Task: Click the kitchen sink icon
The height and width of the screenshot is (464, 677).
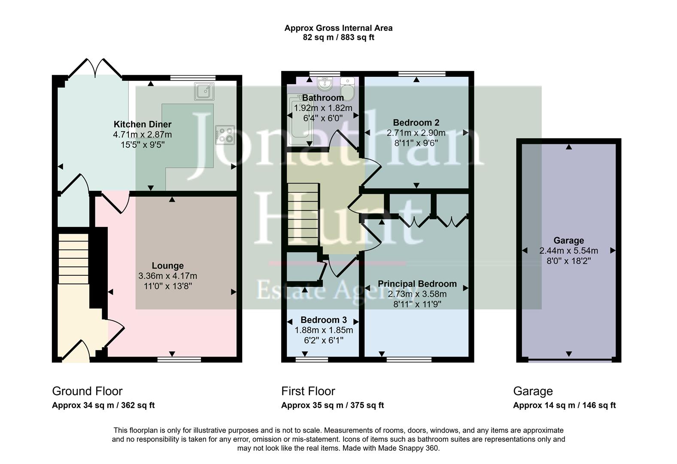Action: coord(204,91)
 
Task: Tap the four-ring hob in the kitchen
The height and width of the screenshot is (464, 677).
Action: coord(225,134)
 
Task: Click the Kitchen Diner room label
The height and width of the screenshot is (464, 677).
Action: coord(142,125)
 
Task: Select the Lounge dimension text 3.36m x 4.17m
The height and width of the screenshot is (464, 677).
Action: coord(167,276)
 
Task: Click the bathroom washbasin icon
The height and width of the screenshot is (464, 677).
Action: coord(324,82)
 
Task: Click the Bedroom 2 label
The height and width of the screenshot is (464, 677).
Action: coord(416,123)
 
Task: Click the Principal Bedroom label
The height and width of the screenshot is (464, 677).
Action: coord(417,284)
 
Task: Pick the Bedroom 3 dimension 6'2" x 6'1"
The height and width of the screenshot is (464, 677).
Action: coord(323,340)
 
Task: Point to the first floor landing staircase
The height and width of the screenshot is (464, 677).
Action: coord(303,214)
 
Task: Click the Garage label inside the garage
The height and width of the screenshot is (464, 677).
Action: coord(568,241)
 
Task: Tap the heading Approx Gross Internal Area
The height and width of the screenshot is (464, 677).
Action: coord(338,28)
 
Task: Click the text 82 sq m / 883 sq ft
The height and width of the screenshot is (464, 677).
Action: coord(338,38)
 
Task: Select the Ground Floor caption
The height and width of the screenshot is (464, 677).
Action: coord(87,391)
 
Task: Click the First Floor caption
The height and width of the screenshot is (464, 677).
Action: coord(308,391)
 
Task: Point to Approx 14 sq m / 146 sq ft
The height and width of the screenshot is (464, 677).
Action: coord(564,405)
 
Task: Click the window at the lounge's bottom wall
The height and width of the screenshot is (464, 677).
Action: coord(179,359)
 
